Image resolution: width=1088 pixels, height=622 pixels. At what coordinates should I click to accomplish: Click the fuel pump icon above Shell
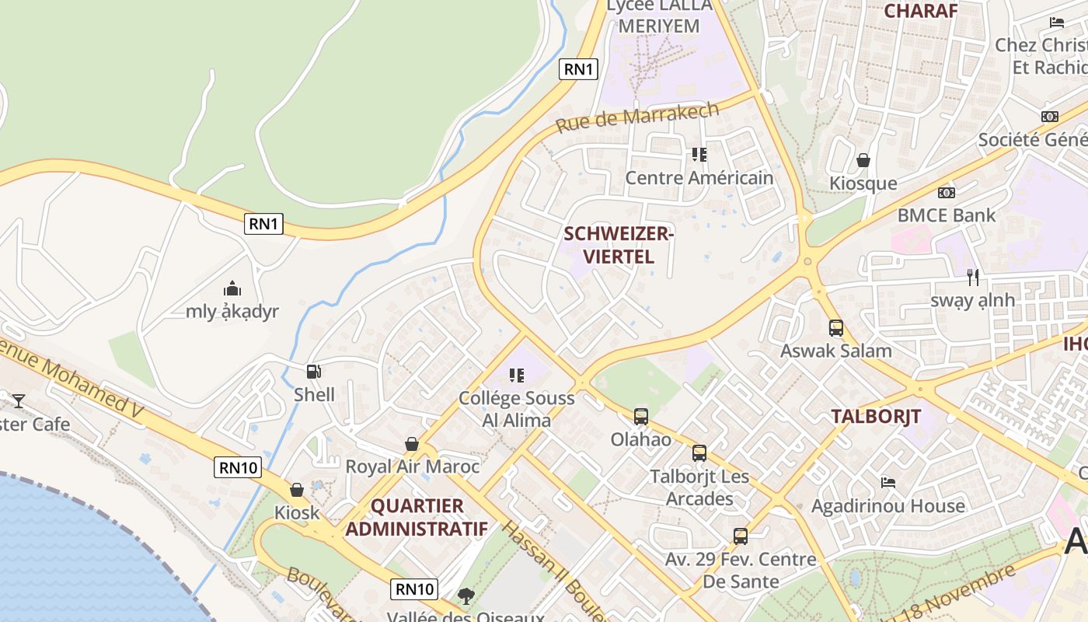pyautogui.click(x=313, y=372)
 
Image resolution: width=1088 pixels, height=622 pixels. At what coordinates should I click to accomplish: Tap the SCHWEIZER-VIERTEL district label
pyautogui.click(x=619, y=245)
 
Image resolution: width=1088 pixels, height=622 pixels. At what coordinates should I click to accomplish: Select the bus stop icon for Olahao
pyautogui.click(x=640, y=417)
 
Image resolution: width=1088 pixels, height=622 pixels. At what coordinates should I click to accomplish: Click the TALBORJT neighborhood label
pyautogui.click(x=876, y=416)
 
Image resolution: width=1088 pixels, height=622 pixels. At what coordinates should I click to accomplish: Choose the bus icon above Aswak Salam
pyautogui.click(x=836, y=328)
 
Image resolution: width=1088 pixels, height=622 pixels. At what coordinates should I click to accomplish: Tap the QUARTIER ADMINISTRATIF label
pyautogui.click(x=417, y=517)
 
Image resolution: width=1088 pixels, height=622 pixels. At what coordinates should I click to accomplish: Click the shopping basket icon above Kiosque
pyautogui.click(x=863, y=161)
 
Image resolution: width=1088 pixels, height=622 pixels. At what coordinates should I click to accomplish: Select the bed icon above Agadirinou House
pyautogui.click(x=888, y=483)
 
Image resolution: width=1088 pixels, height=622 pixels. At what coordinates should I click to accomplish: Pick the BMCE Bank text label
pyautogui.click(x=946, y=215)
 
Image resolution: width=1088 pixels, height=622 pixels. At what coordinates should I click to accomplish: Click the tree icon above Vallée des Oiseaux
pyautogui.click(x=466, y=596)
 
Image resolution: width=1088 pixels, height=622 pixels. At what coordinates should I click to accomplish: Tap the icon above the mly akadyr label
pyautogui.click(x=232, y=289)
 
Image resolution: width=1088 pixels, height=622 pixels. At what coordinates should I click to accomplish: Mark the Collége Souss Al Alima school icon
pyautogui.click(x=517, y=376)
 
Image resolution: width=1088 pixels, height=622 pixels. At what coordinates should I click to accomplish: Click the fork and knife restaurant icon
pyautogui.click(x=972, y=277)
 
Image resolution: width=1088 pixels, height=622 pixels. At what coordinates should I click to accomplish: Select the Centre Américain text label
pyautogui.click(x=699, y=178)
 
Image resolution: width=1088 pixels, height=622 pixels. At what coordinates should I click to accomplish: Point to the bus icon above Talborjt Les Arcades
pyautogui.click(x=699, y=453)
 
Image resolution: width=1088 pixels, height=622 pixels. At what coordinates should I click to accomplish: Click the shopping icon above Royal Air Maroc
pyautogui.click(x=412, y=444)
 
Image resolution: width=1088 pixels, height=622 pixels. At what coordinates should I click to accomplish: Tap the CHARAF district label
pyautogui.click(x=920, y=10)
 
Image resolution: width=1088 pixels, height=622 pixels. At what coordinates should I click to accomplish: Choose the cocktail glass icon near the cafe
pyautogui.click(x=19, y=401)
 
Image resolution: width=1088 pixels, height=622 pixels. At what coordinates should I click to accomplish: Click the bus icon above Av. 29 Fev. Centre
pyautogui.click(x=741, y=536)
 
